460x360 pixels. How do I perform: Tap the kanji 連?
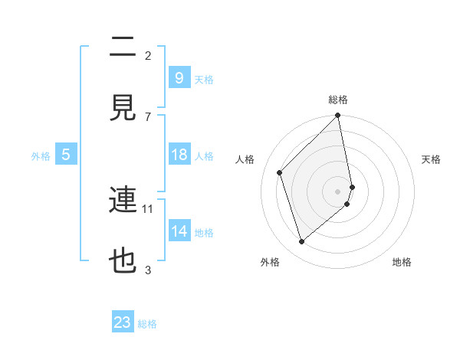[123, 200]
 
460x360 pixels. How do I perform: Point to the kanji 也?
[123, 261]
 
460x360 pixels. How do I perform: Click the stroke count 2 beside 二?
[148, 55]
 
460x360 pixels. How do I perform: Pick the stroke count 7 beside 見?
[148, 116]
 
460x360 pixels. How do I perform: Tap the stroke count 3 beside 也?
[148, 270]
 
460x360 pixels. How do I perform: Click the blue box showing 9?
[179, 77]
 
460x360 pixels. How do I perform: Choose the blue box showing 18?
[179, 155]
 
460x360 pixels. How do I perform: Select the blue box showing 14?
[179, 231]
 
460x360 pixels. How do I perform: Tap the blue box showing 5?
[66, 155]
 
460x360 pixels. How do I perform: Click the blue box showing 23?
[123, 322]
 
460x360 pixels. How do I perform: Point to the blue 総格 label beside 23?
[147, 324]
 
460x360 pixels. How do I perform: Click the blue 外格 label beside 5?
[41, 156]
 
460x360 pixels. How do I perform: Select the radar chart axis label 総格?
[338, 100]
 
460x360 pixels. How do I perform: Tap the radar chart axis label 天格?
[432, 159]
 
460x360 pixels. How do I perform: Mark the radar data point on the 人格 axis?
[280, 172]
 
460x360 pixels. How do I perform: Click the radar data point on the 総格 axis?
[338, 116]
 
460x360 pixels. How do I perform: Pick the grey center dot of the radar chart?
[338, 191]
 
